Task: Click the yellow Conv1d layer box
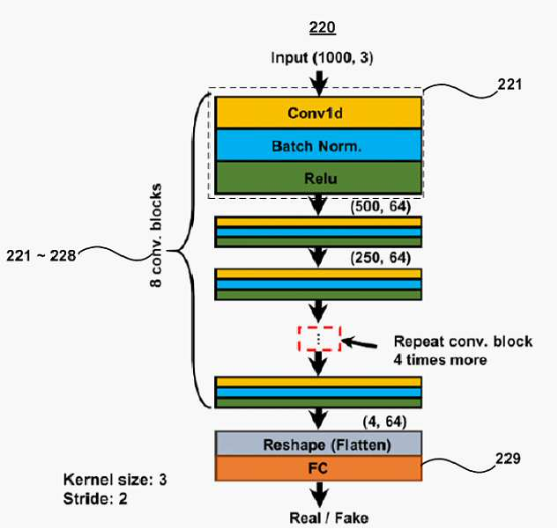coord(318,113)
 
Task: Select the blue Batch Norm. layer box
coord(318,145)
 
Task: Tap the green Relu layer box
coord(318,178)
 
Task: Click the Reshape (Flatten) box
coord(318,444)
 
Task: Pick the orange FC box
coord(318,468)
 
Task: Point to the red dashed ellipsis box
coord(320,339)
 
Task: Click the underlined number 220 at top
coord(322,27)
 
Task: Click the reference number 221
coord(510,84)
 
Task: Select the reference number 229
coord(508,459)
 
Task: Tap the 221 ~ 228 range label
coord(41,256)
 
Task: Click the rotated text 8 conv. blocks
coord(156,235)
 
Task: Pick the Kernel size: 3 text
coord(115,480)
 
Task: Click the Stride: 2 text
coord(95,499)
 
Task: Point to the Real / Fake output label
coord(329,518)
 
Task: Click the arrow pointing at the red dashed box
coord(360,342)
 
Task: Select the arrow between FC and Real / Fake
coord(319,494)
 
